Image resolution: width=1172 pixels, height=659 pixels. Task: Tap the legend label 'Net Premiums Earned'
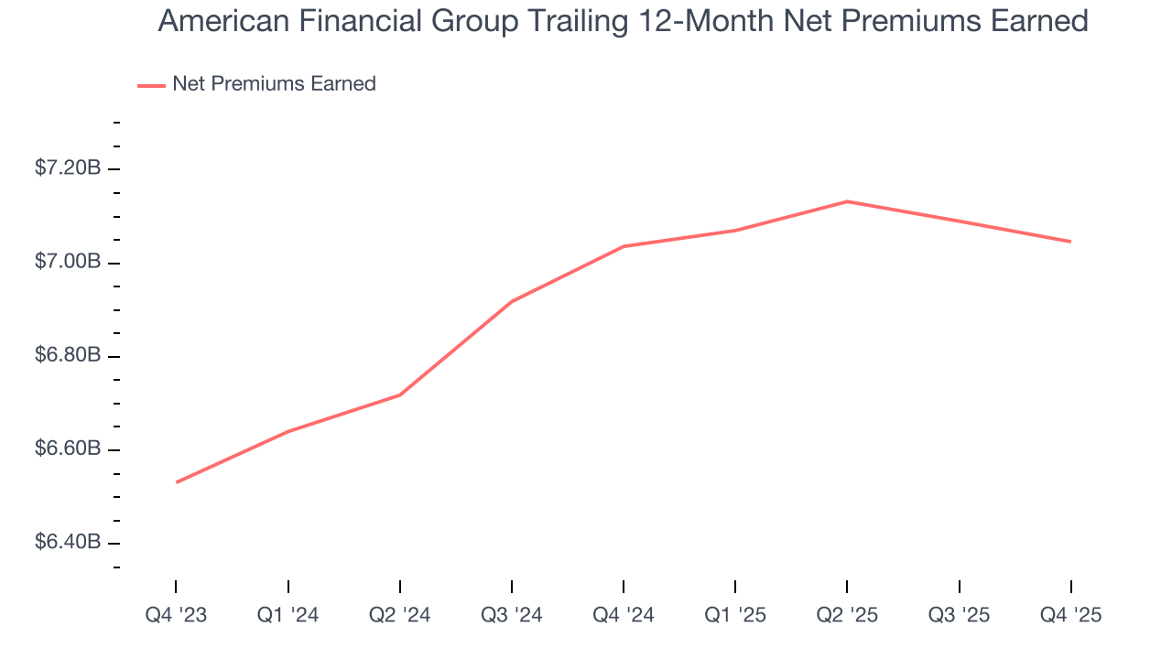pyautogui.click(x=274, y=84)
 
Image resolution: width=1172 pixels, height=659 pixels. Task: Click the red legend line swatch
pyautogui.click(x=151, y=85)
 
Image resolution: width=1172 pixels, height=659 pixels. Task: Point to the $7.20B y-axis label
pyautogui.click(x=68, y=168)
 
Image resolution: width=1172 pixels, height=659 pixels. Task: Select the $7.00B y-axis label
pyautogui.click(x=68, y=263)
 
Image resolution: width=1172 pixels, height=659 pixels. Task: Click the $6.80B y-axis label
pyautogui.click(x=68, y=356)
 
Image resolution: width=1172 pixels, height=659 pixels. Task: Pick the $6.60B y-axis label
pyautogui.click(x=68, y=449)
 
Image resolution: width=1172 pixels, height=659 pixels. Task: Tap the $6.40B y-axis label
pyautogui.click(x=68, y=543)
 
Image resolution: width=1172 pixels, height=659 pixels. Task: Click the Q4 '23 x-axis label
pyautogui.click(x=176, y=615)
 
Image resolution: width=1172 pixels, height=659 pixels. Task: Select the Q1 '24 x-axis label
pyautogui.click(x=288, y=615)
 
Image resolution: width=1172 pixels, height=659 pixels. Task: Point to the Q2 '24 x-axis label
pyautogui.click(x=400, y=615)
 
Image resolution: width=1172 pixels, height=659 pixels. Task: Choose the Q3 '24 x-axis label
pyautogui.click(x=512, y=615)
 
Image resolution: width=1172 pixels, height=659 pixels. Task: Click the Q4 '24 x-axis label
pyautogui.click(x=624, y=615)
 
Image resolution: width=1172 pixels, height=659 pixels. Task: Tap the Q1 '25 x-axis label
pyautogui.click(x=735, y=615)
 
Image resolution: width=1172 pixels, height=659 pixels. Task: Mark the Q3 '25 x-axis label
pyautogui.click(x=959, y=615)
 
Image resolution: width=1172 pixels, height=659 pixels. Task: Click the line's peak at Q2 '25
pyautogui.click(x=847, y=201)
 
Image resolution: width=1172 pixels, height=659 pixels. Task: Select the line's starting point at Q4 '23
pyautogui.click(x=177, y=482)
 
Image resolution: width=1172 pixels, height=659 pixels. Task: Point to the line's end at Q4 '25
pyautogui.click(x=1070, y=242)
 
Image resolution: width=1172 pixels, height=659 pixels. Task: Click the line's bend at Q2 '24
pyautogui.click(x=400, y=394)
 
